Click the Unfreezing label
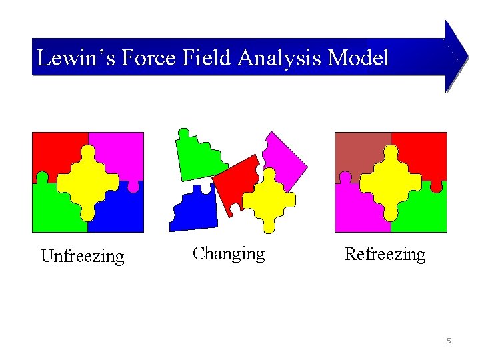pos(83,256)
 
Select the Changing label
pos(229,253)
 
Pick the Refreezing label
pos(385,254)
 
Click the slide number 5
pos(449,341)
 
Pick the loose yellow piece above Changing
pos(270,199)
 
